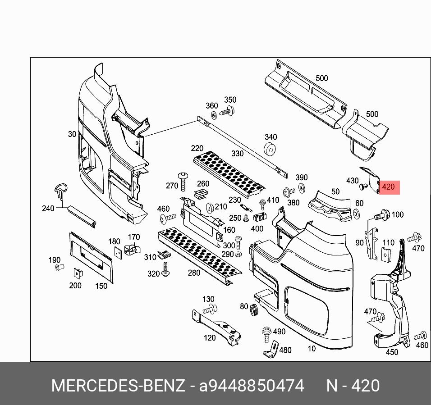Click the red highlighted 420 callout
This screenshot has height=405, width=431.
388,187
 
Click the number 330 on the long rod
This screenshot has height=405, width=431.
237,154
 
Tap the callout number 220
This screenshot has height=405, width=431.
197,148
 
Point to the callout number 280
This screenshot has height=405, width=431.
194,273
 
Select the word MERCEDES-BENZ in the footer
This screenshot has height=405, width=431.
118,386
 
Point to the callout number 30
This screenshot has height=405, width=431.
72,134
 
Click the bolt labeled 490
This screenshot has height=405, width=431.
266,332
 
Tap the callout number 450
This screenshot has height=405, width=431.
392,352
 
